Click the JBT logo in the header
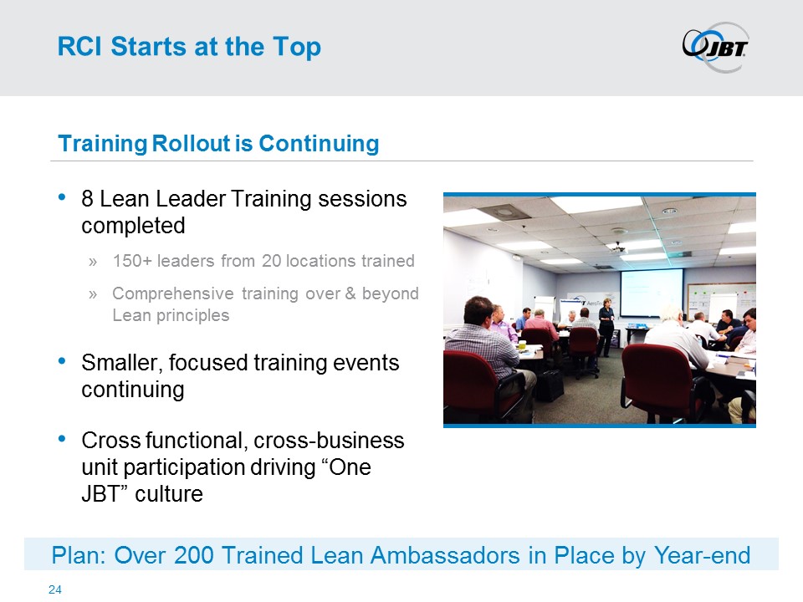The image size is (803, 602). pos(715,47)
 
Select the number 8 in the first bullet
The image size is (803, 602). pos(87,199)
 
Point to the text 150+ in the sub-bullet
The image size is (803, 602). pos(132,261)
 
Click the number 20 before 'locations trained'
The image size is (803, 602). pos(271,261)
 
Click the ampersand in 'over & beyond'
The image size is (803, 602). pos(350,293)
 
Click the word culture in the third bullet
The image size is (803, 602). pos(169,494)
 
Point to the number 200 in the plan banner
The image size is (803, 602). pos(193,555)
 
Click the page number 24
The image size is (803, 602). pos(55,589)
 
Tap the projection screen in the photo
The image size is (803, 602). pos(652,293)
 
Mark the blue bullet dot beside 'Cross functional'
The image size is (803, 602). pos(62,439)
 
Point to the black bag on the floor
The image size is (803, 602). pos(550,385)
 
